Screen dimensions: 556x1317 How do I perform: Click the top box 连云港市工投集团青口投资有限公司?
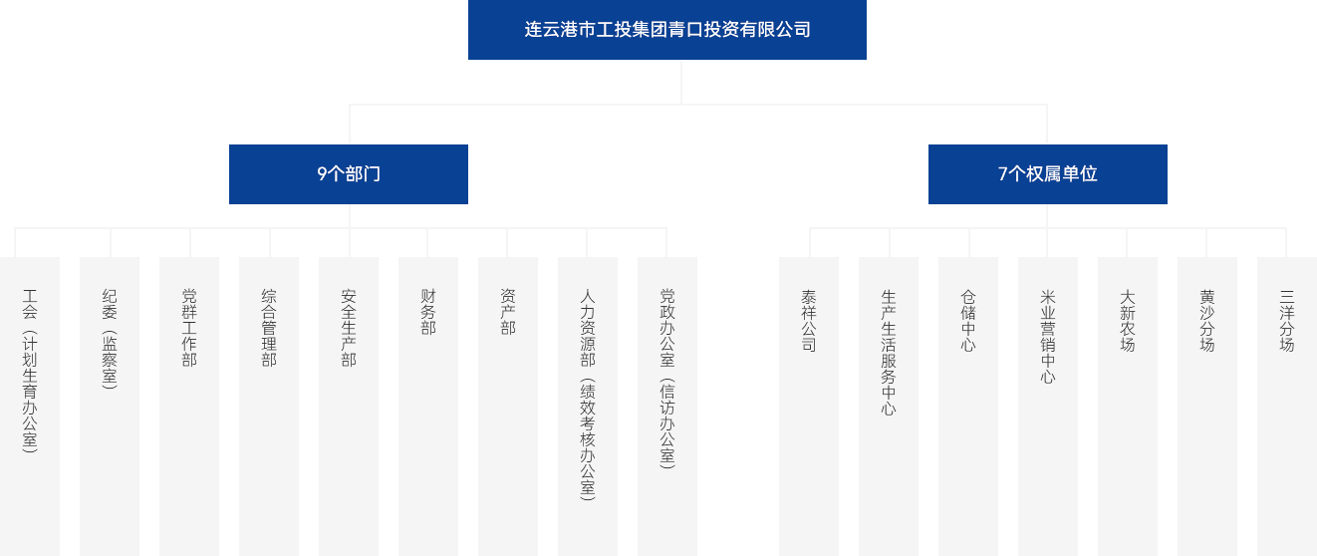click(666, 30)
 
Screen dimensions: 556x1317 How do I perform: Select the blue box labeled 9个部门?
click(349, 174)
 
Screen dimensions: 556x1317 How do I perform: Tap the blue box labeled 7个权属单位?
click(1047, 174)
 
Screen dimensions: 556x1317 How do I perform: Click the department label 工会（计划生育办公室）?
click(30, 371)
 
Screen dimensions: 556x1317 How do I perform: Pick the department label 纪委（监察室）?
click(110, 339)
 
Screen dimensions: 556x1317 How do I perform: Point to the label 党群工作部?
click(189, 328)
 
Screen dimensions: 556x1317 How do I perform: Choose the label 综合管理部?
click(269, 328)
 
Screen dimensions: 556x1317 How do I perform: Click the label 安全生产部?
click(349, 328)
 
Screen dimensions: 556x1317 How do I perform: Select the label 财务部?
click(428, 312)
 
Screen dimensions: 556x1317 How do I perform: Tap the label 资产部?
click(508, 312)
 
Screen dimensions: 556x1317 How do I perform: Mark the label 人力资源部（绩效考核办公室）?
click(588, 394)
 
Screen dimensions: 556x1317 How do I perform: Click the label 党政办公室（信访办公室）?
click(667, 379)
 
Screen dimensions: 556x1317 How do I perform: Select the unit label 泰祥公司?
click(809, 321)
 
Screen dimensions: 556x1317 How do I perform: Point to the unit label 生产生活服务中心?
click(889, 352)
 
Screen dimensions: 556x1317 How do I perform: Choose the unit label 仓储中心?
click(968, 321)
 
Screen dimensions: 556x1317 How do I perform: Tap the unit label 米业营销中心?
click(1048, 337)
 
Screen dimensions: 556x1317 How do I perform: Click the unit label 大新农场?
click(1128, 321)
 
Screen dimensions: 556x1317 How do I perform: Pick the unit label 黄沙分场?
click(1207, 321)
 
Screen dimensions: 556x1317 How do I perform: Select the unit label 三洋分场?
click(1287, 321)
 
